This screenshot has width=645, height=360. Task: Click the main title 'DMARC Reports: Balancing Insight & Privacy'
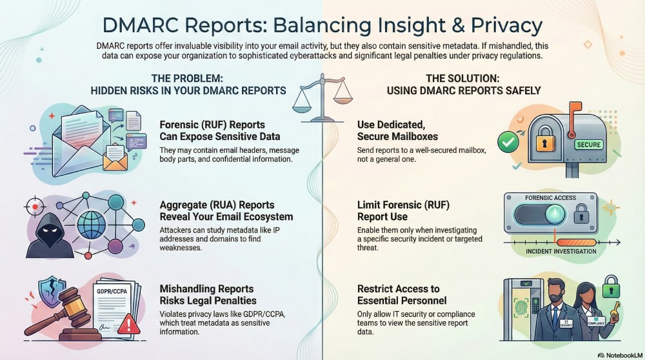tap(322, 25)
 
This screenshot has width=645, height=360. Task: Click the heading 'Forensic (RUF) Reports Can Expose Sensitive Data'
tap(220, 130)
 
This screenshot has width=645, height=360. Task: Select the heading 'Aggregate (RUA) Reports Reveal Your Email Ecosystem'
tap(226, 210)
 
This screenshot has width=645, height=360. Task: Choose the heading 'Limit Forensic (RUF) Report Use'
tap(402, 210)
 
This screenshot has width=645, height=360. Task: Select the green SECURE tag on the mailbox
tap(588, 145)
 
